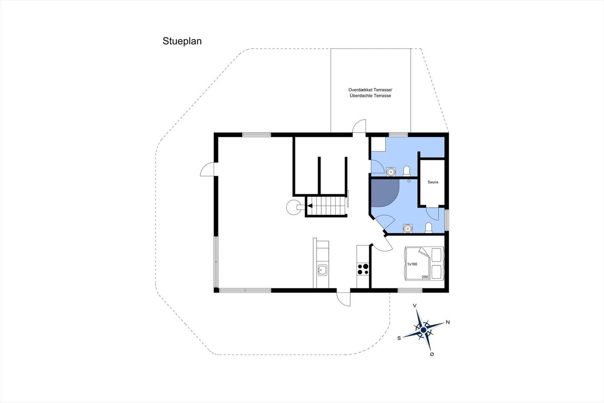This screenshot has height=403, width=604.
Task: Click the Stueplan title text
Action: click(182, 41)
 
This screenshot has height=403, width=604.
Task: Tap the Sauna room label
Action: click(433, 182)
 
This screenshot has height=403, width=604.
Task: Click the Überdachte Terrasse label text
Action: click(370, 96)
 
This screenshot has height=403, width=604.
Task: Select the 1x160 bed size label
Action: click(412, 264)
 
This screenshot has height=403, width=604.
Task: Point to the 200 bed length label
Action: click(425, 277)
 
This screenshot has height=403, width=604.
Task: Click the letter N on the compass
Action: click(448, 322)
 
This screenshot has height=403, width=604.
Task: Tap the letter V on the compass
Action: click(414, 305)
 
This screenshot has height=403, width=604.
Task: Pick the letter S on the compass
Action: click(399, 338)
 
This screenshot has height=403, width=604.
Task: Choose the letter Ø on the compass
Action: click(432, 354)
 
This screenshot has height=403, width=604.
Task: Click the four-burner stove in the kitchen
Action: click(363, 269)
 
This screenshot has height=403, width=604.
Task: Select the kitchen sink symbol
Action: click(322, 270)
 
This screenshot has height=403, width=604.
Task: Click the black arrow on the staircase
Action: click(310, 206)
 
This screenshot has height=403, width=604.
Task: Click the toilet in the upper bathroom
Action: click(407, 171)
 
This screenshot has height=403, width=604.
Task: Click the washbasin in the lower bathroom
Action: click(407, 229)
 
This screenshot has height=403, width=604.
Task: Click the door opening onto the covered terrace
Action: click(359, 126)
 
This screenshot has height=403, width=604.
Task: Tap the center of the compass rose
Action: click(423, 330)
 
